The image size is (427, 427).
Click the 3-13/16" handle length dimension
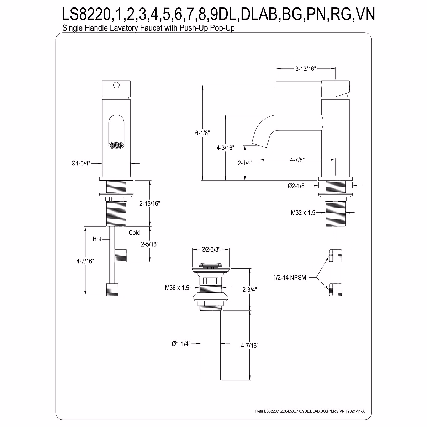(305, 69)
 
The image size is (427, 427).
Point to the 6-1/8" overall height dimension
(202, 133)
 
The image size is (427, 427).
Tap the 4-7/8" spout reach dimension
(297, 160)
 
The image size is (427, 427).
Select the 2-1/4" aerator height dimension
(245, 163)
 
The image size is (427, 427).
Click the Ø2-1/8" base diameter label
(297, 186)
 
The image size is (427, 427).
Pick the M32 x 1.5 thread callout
(303, 213)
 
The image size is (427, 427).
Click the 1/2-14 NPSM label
(289, 278)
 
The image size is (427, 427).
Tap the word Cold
(134, 233)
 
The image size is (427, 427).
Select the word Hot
(97, 239)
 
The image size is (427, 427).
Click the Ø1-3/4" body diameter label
(81, 164)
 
